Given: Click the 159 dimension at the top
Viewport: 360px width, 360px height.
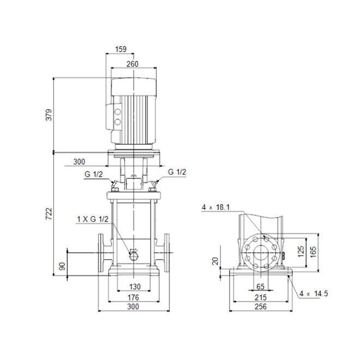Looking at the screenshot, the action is [x=121, y=49].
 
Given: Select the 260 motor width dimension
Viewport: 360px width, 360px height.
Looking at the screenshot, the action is [x=133, y=64].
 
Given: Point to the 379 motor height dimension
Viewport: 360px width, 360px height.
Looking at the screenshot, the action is [x=49, y=115].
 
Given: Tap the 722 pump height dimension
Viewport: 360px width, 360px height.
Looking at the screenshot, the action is [x=49, y=214].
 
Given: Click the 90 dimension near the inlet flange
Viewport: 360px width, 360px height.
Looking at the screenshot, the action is [x=62, y=266].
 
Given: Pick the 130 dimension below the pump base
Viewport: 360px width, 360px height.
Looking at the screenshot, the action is [x=135, y=286].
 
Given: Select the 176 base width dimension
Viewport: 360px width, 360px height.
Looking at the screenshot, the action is [x=133, y=297].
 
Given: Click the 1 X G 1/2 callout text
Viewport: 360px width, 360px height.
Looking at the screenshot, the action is [x=93, y=219].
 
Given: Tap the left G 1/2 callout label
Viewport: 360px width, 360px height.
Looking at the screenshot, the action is [x=94, y=174].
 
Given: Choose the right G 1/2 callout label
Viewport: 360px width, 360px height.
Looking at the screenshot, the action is [x=177, y=172].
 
